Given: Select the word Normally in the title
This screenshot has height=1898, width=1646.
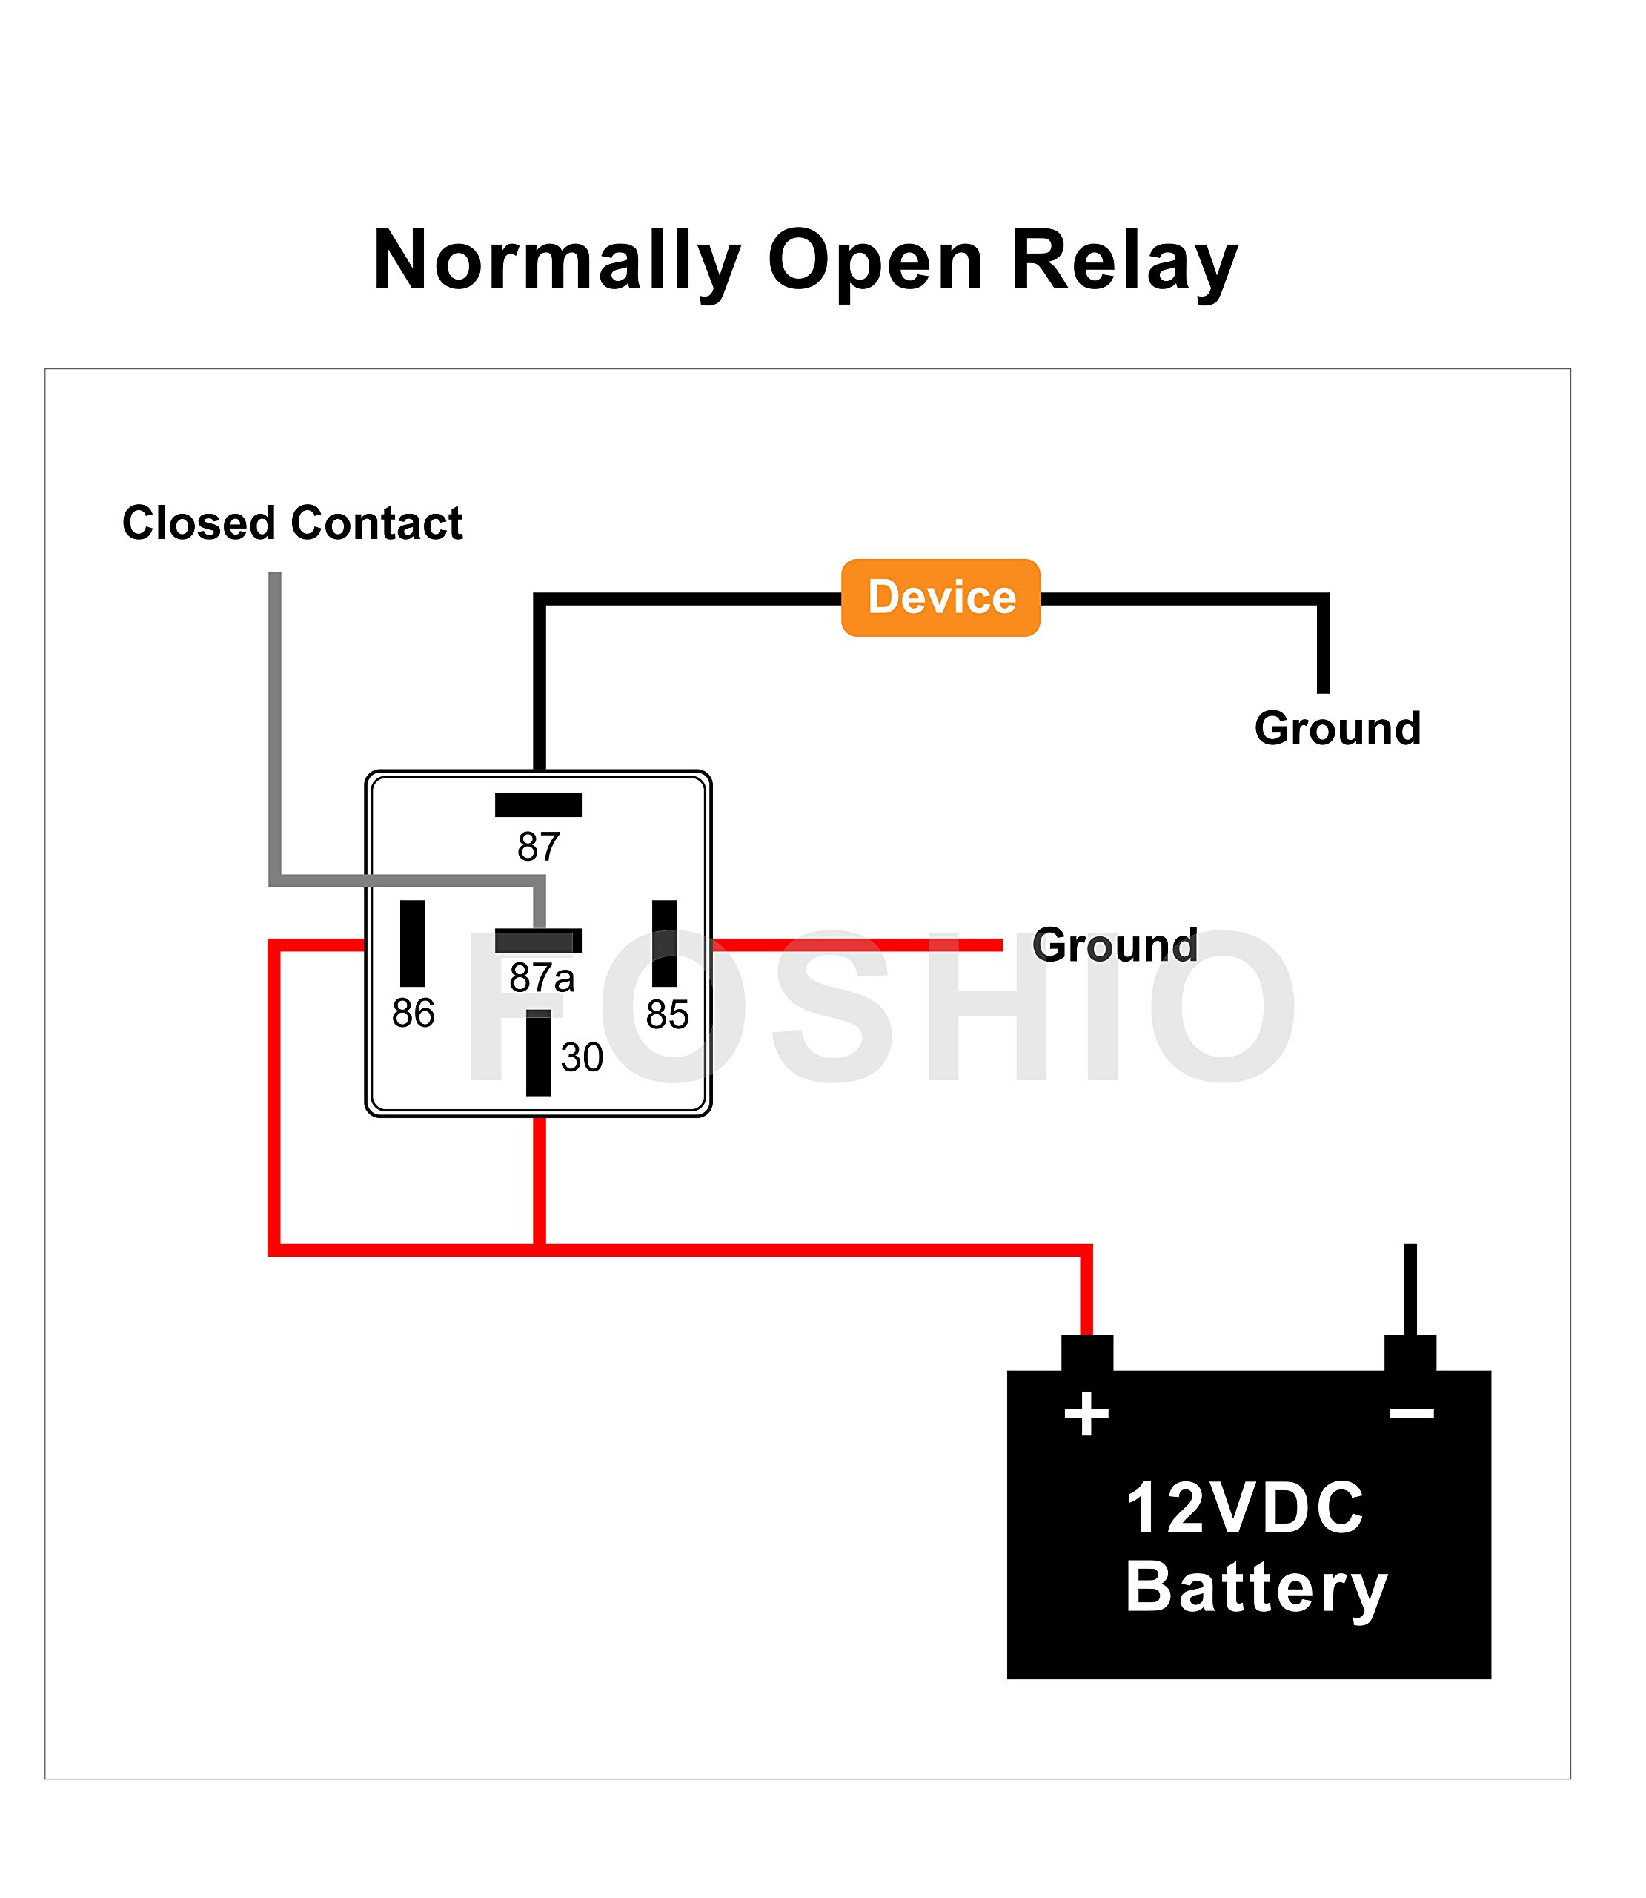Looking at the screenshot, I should (x=557, y=261).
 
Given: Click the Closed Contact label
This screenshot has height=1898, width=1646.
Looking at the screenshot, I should (x=292, y=523).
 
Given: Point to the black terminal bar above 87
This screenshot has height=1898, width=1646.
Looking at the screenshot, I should (x=538, y=804).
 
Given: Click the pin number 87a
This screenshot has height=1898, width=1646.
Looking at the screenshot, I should (x=542, y=977).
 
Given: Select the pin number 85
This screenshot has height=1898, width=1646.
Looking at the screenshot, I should (x=667, y=1014).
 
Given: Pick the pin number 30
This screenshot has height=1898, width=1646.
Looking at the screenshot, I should (x=582, y=1057).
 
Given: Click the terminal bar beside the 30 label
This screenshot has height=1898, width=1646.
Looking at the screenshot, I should (x=538, y=1053).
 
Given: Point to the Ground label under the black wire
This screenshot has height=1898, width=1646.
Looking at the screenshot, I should (x=1338, y=729).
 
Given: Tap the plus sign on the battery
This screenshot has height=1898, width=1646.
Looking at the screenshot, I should (x=1086, y=1413).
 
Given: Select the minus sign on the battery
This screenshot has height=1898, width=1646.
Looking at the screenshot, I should (x=1412, y=1413).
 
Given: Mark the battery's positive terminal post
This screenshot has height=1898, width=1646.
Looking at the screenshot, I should (x=1086, y=1352).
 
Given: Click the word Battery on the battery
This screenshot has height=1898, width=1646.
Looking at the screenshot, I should (x=1255, y=1587).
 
